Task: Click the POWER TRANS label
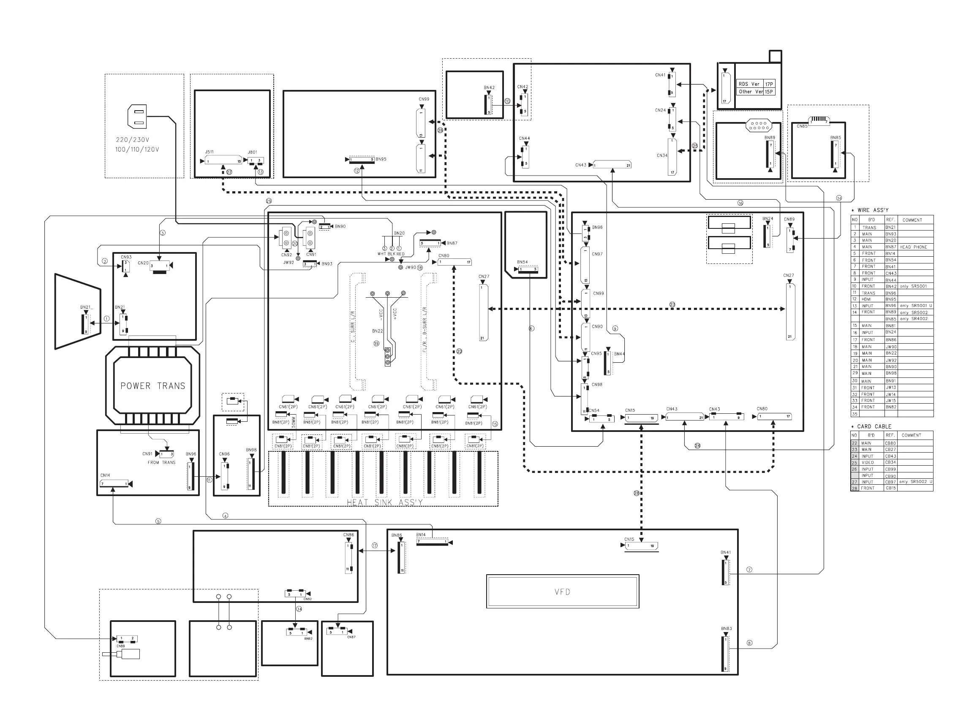[152, 386]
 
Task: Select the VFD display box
[562, 592]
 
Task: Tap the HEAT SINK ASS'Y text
[384, 502]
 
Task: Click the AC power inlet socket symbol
[137, 117]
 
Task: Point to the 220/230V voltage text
[133, 140]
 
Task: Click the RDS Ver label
[749, 84]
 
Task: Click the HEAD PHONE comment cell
[913, 247]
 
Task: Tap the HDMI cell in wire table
[867, 299]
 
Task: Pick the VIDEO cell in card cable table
[868, 463]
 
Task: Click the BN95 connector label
[381, 159]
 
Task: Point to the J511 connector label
[209, 152]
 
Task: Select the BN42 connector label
[489, 88]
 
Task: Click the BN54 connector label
[522, 262]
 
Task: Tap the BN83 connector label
[727, 629]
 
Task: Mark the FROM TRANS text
[161, 463]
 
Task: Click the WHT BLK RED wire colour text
[391, 254]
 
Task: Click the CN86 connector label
[348, 535]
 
